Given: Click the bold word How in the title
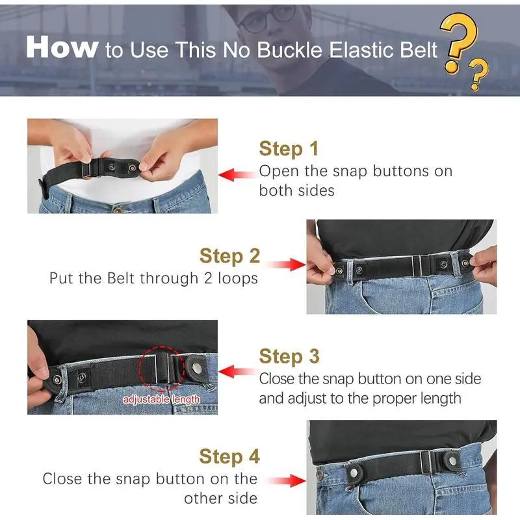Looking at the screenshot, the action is tap(62, 47).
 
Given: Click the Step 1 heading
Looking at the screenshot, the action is tap(289, 149).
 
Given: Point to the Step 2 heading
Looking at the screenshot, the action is tap(229, 256).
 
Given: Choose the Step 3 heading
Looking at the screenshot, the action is tap(289, 356).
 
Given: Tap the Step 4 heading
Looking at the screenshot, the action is tap(229, 457).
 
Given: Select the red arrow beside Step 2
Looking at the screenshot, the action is tap(285, 265).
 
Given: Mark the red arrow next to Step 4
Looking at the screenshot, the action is tap(285, 480).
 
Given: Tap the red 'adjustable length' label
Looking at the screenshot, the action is tap(161, 399).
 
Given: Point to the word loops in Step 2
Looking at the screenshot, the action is tap(238, 278).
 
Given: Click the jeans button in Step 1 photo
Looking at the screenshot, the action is tap(118, 210).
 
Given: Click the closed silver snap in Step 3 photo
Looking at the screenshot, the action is tap(197, 367).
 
